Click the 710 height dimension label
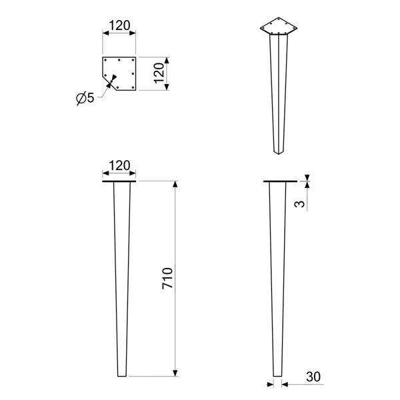(x=167, y=278)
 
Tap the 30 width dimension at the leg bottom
(x=313, y=377)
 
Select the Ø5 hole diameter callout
(x=85, y=98)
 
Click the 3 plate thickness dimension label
(x=299, y=204)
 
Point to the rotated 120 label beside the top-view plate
(x=159, y=73)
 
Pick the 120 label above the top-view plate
(x=119, y=25)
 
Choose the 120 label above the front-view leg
(x=119, y=165)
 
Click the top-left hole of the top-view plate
(x=105, y=60)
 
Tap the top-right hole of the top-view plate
(x=133, y=60)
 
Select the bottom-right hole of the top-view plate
(x=133, y=87)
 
